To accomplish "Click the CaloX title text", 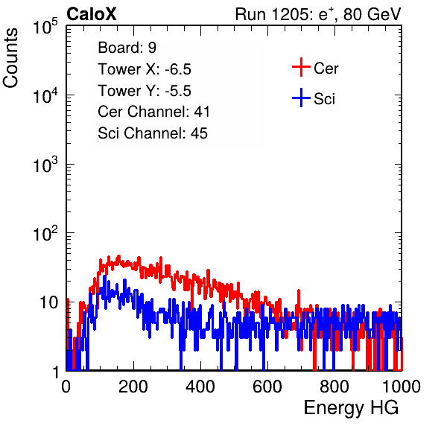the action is tap(92, 14).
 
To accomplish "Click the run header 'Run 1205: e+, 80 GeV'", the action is tap(318, 14).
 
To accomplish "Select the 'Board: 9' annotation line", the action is tap(127, 48).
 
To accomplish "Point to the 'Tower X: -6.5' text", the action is tap(145, 69).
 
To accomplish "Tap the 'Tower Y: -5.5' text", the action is tap(145, 91).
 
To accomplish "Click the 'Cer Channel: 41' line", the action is tap(153, 112).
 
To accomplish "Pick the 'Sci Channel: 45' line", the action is tap(153, 133).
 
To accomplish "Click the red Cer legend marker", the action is tap(301, 67).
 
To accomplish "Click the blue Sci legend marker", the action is tap(301, 98).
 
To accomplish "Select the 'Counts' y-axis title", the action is tap(10, 58).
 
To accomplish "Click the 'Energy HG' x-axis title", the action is tap(351, 407).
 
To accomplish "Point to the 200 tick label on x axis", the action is tap(133, 387).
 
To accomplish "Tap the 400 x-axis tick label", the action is tap(200, 387).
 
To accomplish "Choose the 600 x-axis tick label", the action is tap(267, 387).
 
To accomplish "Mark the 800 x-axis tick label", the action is tap(334, 387).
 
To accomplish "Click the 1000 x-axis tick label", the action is tap(402, 387).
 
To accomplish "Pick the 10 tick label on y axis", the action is tap(49, 302).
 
